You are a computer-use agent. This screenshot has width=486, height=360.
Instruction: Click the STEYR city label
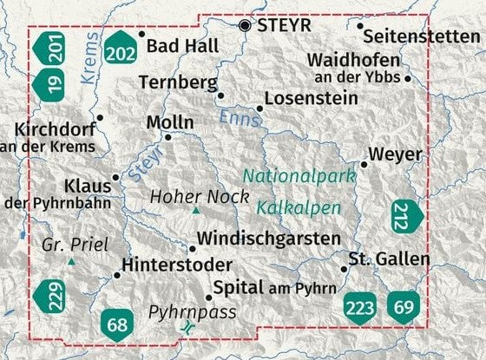coord(286,26)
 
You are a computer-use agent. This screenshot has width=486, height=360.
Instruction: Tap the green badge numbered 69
coord(404,306)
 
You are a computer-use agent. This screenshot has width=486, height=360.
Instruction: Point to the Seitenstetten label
coord(421,36)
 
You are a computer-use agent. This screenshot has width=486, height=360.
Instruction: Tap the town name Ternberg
coord(176,83)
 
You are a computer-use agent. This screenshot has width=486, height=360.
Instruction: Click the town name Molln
coord(170,122)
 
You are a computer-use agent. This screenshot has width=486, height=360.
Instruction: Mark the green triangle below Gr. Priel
coord(72,261)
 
